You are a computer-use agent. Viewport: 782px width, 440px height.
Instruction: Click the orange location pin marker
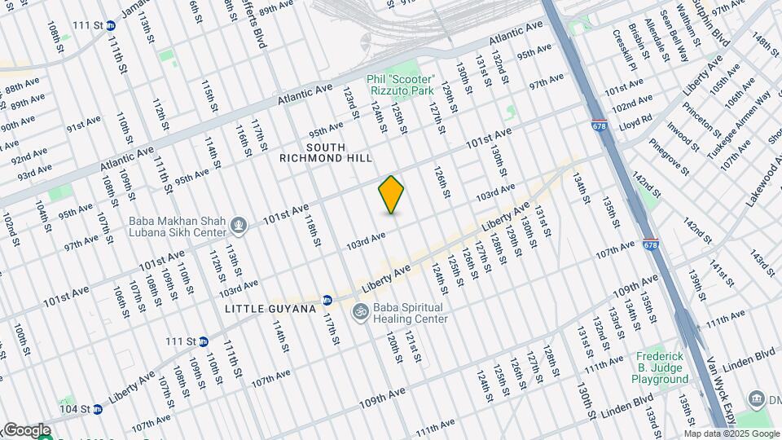[392, 194]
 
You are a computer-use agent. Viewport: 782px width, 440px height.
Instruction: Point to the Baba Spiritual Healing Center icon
[359, 312]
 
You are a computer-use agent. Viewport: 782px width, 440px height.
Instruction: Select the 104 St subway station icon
[99, 408]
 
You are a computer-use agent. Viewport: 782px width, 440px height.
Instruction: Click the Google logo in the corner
[26, 430]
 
